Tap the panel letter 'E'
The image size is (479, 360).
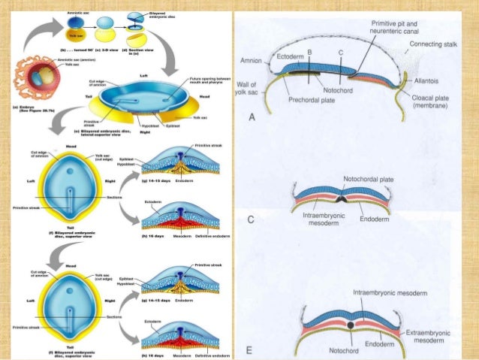(249, 350)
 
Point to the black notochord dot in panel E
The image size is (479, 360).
(350, 325)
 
